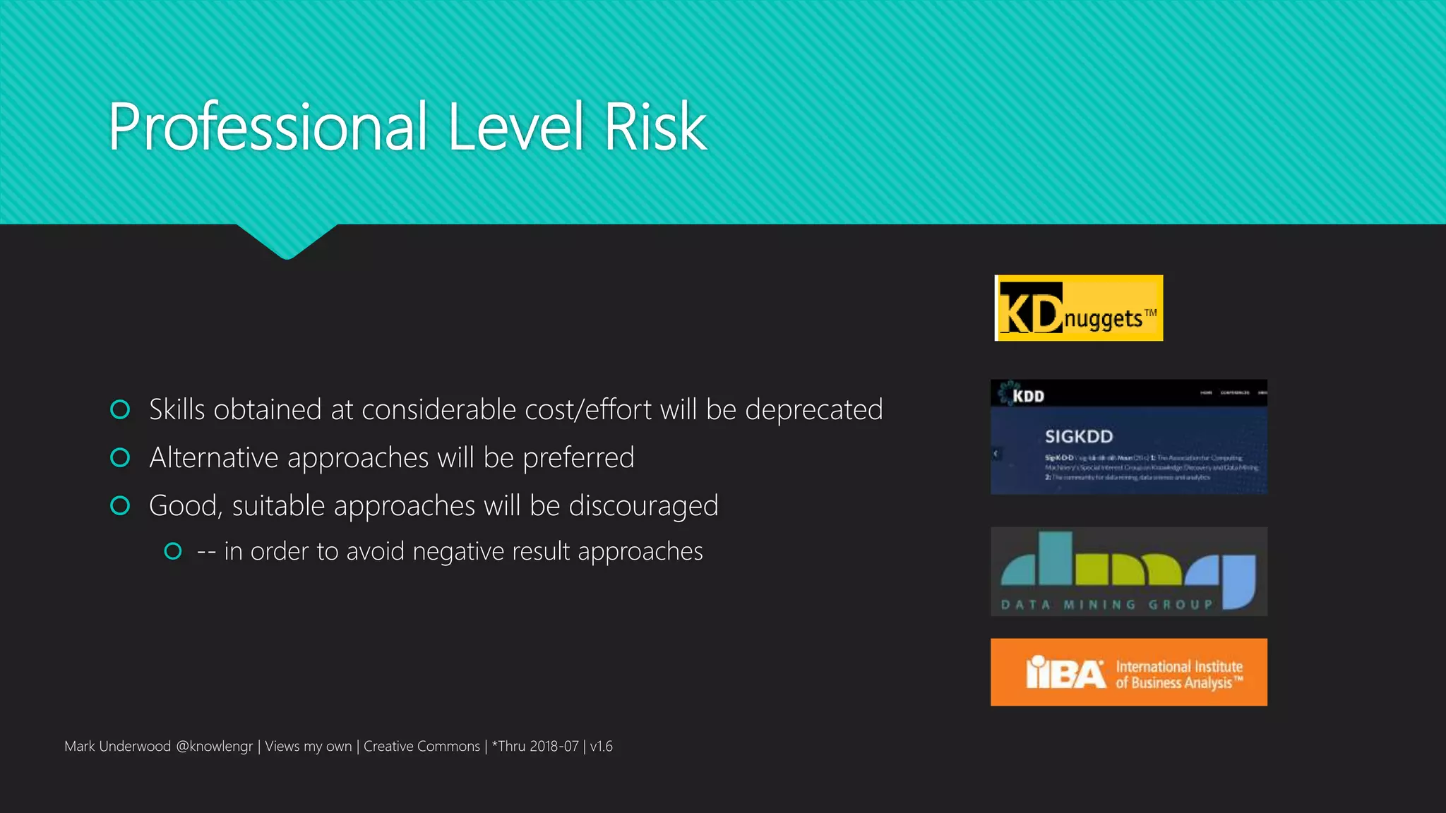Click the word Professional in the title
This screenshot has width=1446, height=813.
click(268, 127)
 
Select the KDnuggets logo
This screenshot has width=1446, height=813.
click(1078, 308)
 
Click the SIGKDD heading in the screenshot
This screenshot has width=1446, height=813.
click(1078, 436)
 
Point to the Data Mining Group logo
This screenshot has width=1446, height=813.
click(1128, 572)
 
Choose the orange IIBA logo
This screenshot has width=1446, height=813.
click(1128, 672)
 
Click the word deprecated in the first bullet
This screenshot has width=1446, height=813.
click(813, 410)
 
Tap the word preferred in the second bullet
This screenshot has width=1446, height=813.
click(578, 458)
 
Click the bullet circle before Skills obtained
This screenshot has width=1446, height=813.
click(121, 409)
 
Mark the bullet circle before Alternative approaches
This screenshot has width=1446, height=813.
click(121, 458)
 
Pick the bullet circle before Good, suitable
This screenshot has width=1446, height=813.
click(121, 505)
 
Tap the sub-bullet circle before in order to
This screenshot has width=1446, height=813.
click(173, 551)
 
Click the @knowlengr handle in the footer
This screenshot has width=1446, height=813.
click(214, 747)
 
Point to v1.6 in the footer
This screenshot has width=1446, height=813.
click(602, 747)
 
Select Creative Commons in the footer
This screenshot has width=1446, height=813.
click(422, 747)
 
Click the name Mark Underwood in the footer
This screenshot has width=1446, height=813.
click(117, 747)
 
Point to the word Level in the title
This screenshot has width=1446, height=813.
click(515, 127)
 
